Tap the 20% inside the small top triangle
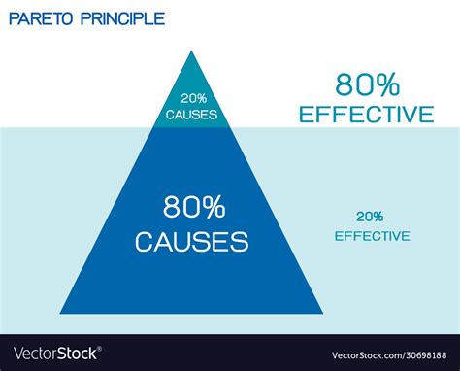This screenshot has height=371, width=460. [191, 98]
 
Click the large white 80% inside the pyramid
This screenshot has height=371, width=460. [191, 208]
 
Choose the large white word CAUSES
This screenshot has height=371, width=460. [191, 239]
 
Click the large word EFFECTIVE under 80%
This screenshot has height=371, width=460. [366, 115]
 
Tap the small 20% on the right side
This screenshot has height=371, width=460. [370, 218]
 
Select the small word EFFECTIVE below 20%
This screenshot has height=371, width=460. [372, 235]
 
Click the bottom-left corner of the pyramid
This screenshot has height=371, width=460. [61, 314]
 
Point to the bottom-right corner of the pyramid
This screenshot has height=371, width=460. [323, 314]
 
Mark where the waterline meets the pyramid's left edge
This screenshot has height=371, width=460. [153, 127]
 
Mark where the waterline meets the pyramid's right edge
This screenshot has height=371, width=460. [231, 127]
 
